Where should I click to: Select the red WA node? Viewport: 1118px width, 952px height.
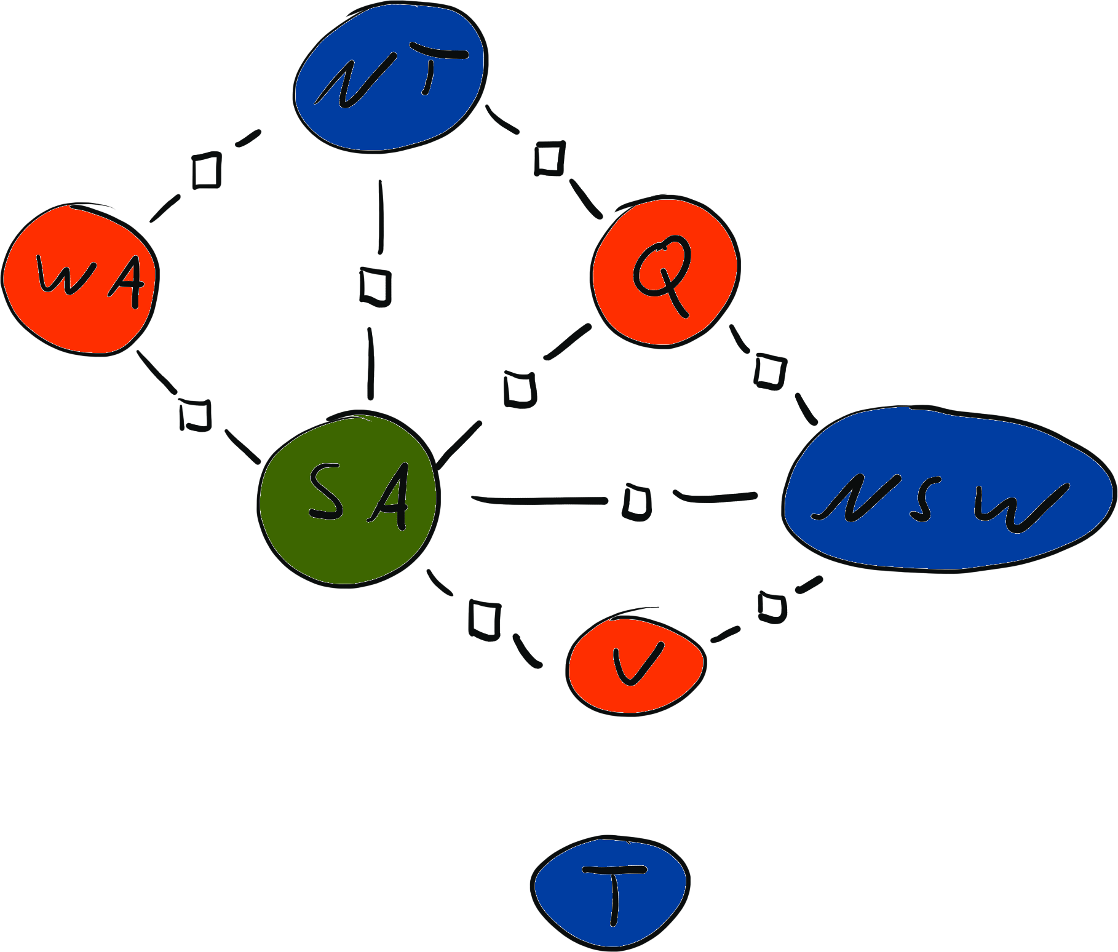pyautogui.click(x=80, y=280)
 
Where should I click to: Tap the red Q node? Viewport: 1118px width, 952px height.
pyautogui.click(x=665, y=271)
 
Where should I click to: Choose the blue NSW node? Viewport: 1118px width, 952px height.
pyautogui.click(x=947, y=489)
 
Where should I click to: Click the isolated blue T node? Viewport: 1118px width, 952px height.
pyautogui.click(x=610, y=892)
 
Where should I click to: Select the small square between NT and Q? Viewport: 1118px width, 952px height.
pyautogui.click(x=549, y=158)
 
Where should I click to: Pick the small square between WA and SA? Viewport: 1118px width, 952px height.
pyautogui.click(x=196, y=415)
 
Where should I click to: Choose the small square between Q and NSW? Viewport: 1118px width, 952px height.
pyautogui.click(x=769, y=371)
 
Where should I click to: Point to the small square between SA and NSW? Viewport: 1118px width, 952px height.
pyautogui.click(x=637, y=501)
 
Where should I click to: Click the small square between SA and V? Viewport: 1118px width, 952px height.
pyautogui.click(x=484, y=619)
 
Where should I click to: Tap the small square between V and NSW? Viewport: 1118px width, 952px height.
pyautogui.click(x=772, y=607)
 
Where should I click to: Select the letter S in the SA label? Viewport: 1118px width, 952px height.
pyautogui.click(x=326, y=492)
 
